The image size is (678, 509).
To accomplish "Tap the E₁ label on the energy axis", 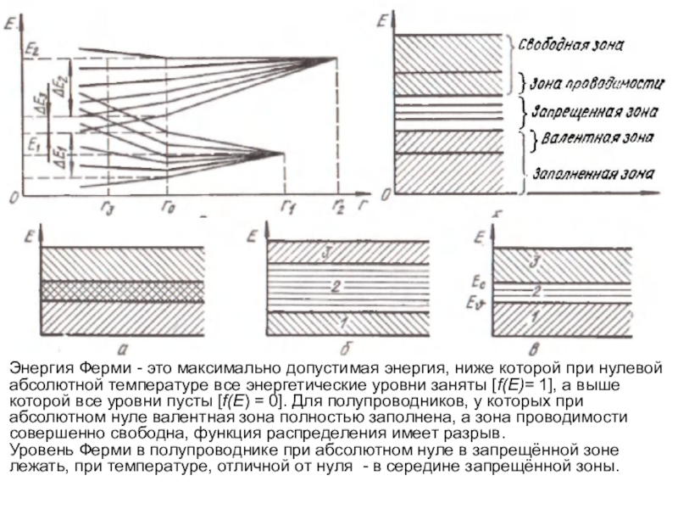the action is coord(33,145).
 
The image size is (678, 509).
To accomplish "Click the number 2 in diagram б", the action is coord(336,288).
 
